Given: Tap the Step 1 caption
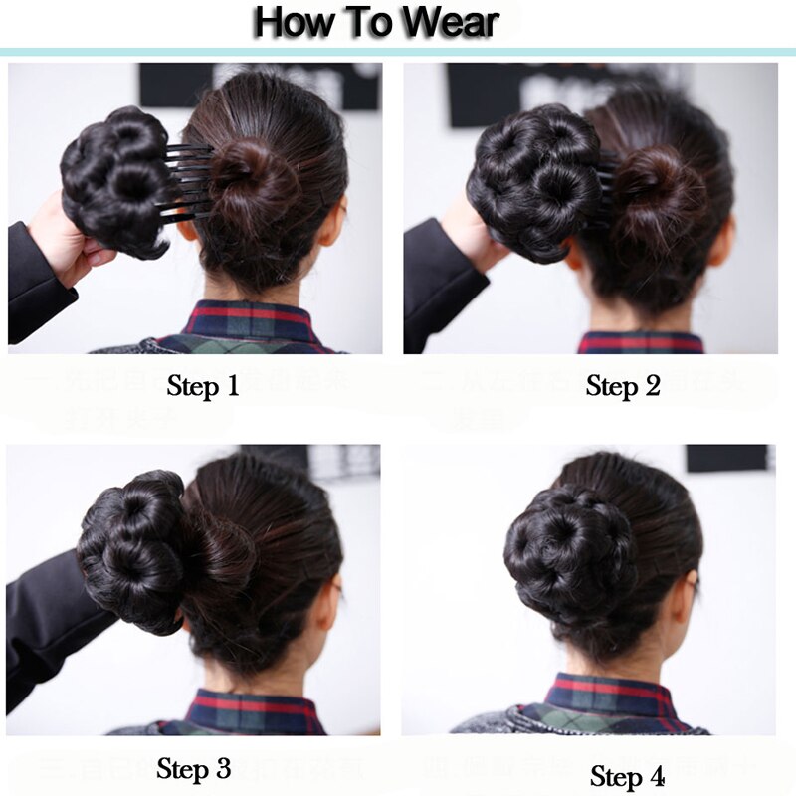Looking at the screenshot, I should coord(203,386).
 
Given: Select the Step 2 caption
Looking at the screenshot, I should coord(623,386).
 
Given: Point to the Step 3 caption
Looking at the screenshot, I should coord(194,768).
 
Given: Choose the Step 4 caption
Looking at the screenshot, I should coord(627,775).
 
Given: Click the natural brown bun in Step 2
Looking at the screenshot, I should coord(662,189).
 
